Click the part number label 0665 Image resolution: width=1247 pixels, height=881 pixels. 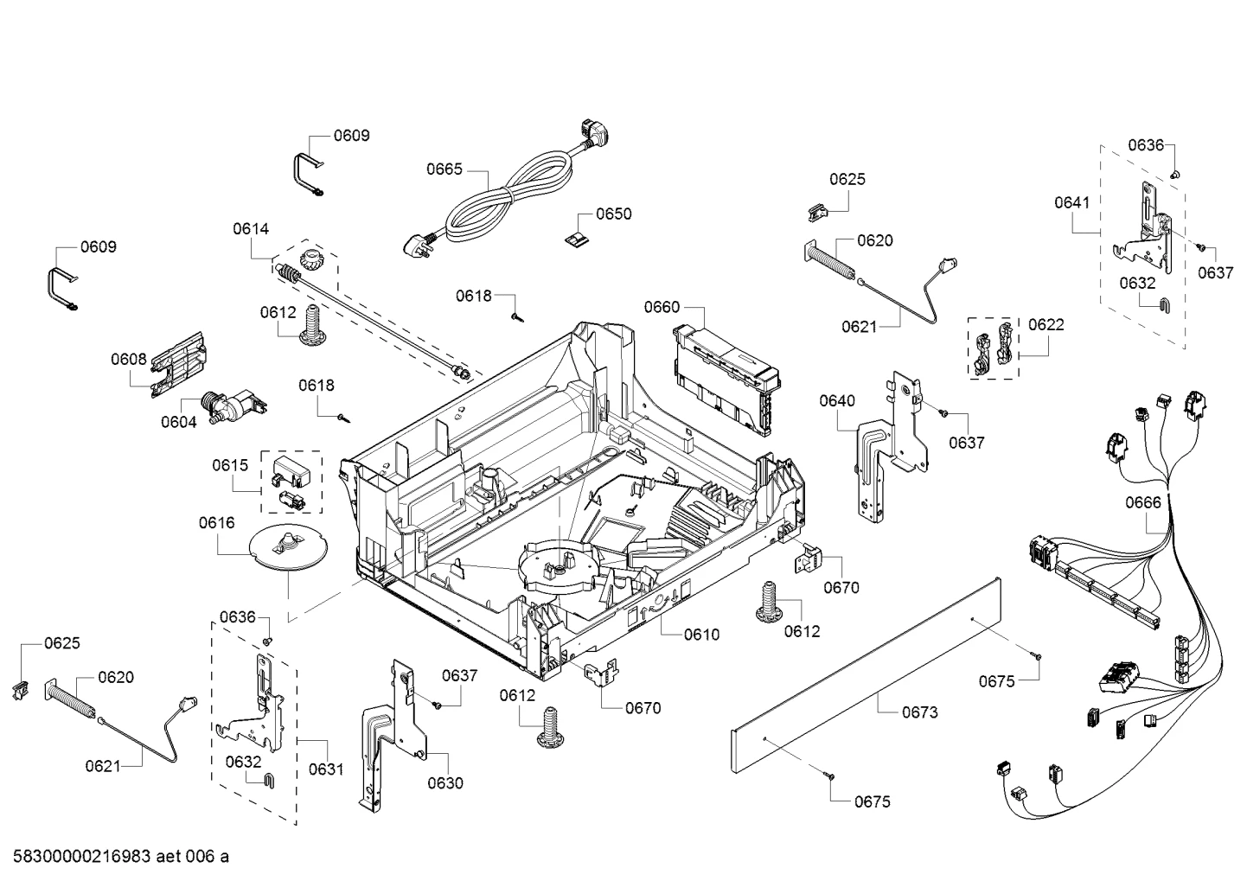(x=444, y=169)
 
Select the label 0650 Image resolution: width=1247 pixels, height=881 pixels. (x=613, y=214)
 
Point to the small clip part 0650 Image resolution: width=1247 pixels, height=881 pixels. (x=578, y=239)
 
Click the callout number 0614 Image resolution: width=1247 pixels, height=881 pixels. (x=251, y=229)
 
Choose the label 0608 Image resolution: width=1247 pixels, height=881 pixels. (x=129, y=360)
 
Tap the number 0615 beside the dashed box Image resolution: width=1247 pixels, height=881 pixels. (x=230, y=465)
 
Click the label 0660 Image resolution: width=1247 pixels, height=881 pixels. (x=662, y=307)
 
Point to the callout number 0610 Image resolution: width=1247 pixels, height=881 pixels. (x=701, y=635)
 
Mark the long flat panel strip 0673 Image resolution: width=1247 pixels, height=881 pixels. (x=867, y=675)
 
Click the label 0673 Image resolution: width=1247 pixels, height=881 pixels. (x=919, y=712)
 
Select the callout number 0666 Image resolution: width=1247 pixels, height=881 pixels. (x=1143, y=503)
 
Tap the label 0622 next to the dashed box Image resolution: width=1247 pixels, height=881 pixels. (x=1046, y=325)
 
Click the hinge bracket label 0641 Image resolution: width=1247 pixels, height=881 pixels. (x=1072, y=202)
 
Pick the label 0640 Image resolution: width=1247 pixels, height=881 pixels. (x=837, y=400)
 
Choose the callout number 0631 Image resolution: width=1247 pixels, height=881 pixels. (x=326, y=769)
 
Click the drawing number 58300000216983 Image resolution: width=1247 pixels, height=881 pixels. (x=82, y=857)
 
